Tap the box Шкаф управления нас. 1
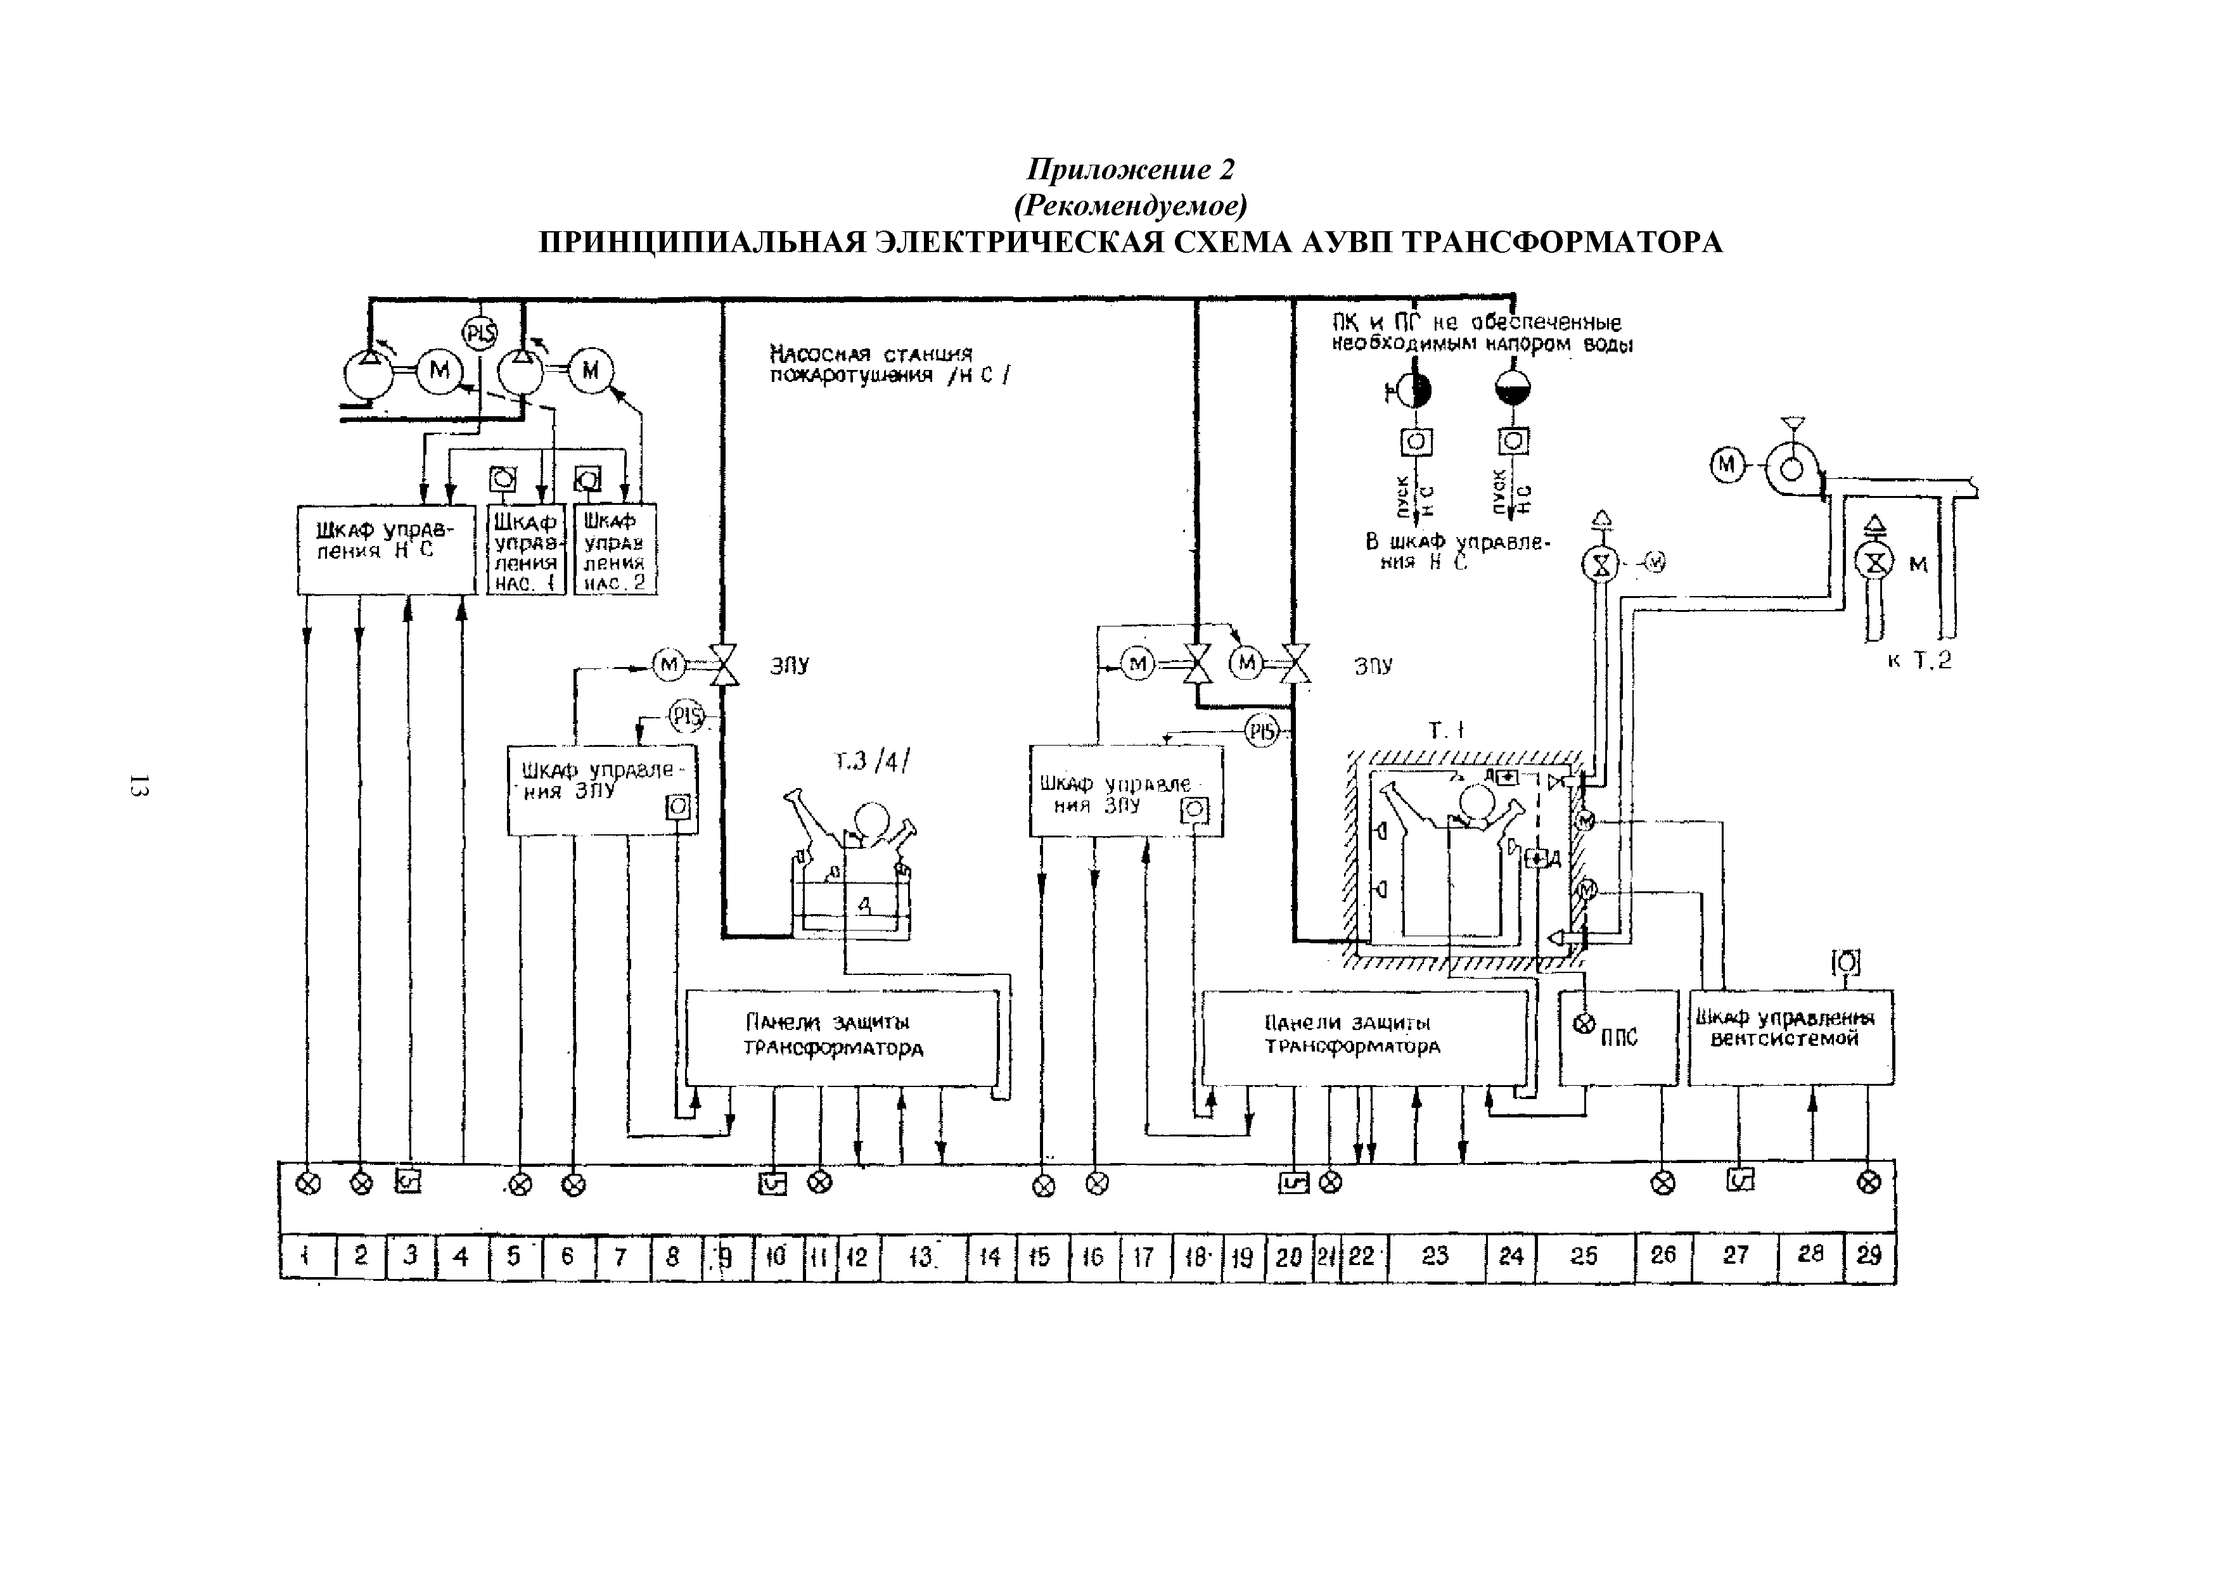[526, 550]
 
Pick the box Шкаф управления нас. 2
[615, 550]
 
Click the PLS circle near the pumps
[479, 334]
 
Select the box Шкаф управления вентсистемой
[1790, 1037]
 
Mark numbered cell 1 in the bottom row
[306, 1257]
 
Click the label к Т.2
[1919, 661]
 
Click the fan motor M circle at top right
[1726, 466]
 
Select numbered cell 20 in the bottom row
[1289, 1257]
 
